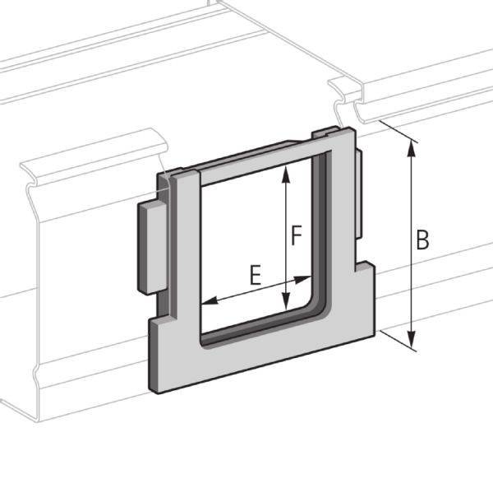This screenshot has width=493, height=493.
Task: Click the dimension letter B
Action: [x=422, y=241]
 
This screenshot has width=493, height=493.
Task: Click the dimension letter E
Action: [x=255, y=275]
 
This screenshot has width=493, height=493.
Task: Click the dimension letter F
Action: [x=299, y=236]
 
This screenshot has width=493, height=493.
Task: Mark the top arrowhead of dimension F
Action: [x=286, y=170]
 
